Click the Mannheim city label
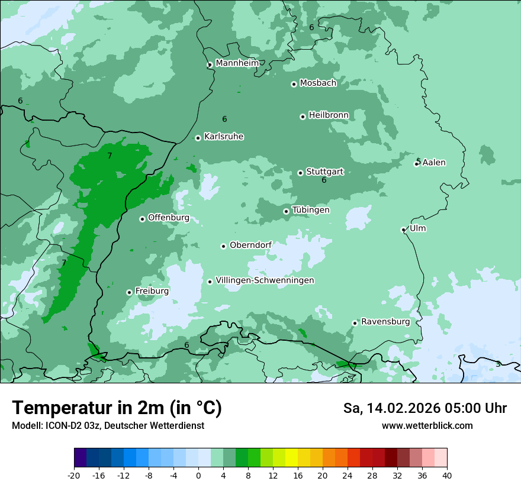tap(237, 63)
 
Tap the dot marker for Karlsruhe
tap(198, 138)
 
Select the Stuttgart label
tap(324, 172)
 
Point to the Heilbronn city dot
tap(303, 117)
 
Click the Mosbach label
tap(318, 83)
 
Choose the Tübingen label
tap(311, 210)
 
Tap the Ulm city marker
tap(403, 230)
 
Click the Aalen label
tap(434, 163)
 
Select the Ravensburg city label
tap(385, 322)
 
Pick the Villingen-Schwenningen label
tap(265, 280)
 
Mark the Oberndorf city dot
tap(223, 246)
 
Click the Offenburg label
tap(169, 218)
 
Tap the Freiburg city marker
tap(129, 292)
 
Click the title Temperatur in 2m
tap(117, 408)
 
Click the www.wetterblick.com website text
tap(427, 425)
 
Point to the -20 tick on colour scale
tap(74, 475)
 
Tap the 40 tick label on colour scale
tap(446, 475)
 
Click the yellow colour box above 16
tap(291, 458)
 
